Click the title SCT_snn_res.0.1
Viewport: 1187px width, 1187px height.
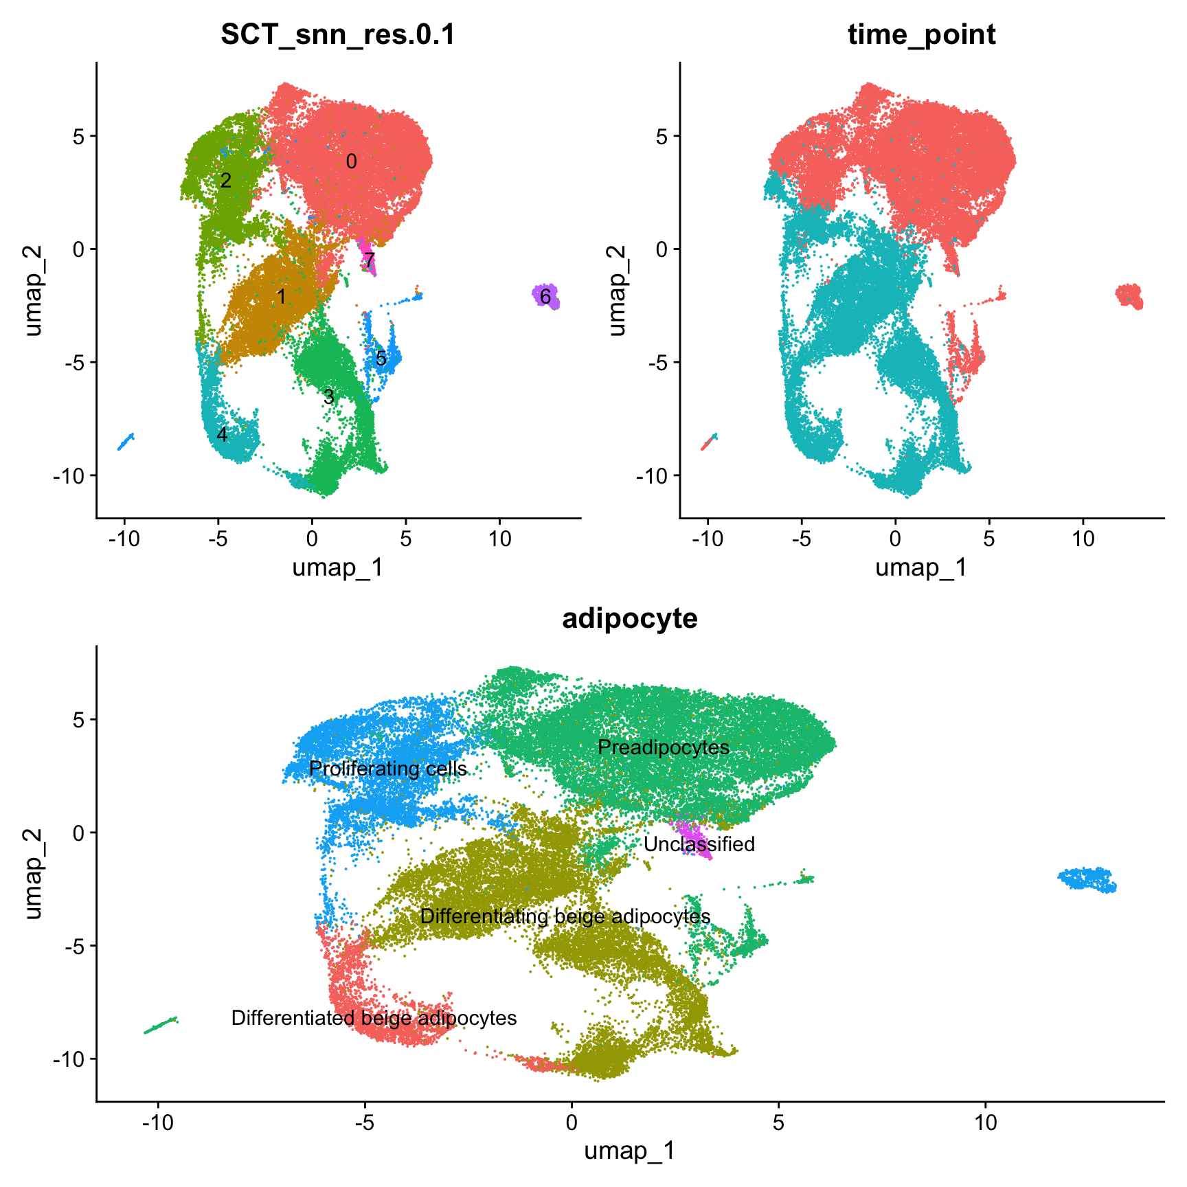point(338,34)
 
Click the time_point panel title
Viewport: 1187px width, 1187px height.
point(921,34)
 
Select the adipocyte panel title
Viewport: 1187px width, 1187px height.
point(629,618)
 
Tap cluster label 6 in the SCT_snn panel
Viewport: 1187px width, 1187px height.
point(545,297)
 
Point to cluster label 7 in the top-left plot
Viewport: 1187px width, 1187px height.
point(370,260)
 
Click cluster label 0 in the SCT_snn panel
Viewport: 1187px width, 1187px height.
point(351,161)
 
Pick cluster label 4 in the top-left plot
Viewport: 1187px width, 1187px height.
point(222,434)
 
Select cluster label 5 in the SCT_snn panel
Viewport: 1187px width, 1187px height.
point(381,359)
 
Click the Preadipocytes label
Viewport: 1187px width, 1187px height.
point(663,747)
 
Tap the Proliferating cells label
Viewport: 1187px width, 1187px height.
point(387,769)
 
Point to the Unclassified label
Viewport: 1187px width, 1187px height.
point(699,844)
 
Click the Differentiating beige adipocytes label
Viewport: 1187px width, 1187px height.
point(565,916)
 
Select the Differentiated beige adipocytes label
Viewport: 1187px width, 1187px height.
point(374,1018)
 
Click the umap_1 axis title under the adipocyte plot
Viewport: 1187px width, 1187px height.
point(629,1151)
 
